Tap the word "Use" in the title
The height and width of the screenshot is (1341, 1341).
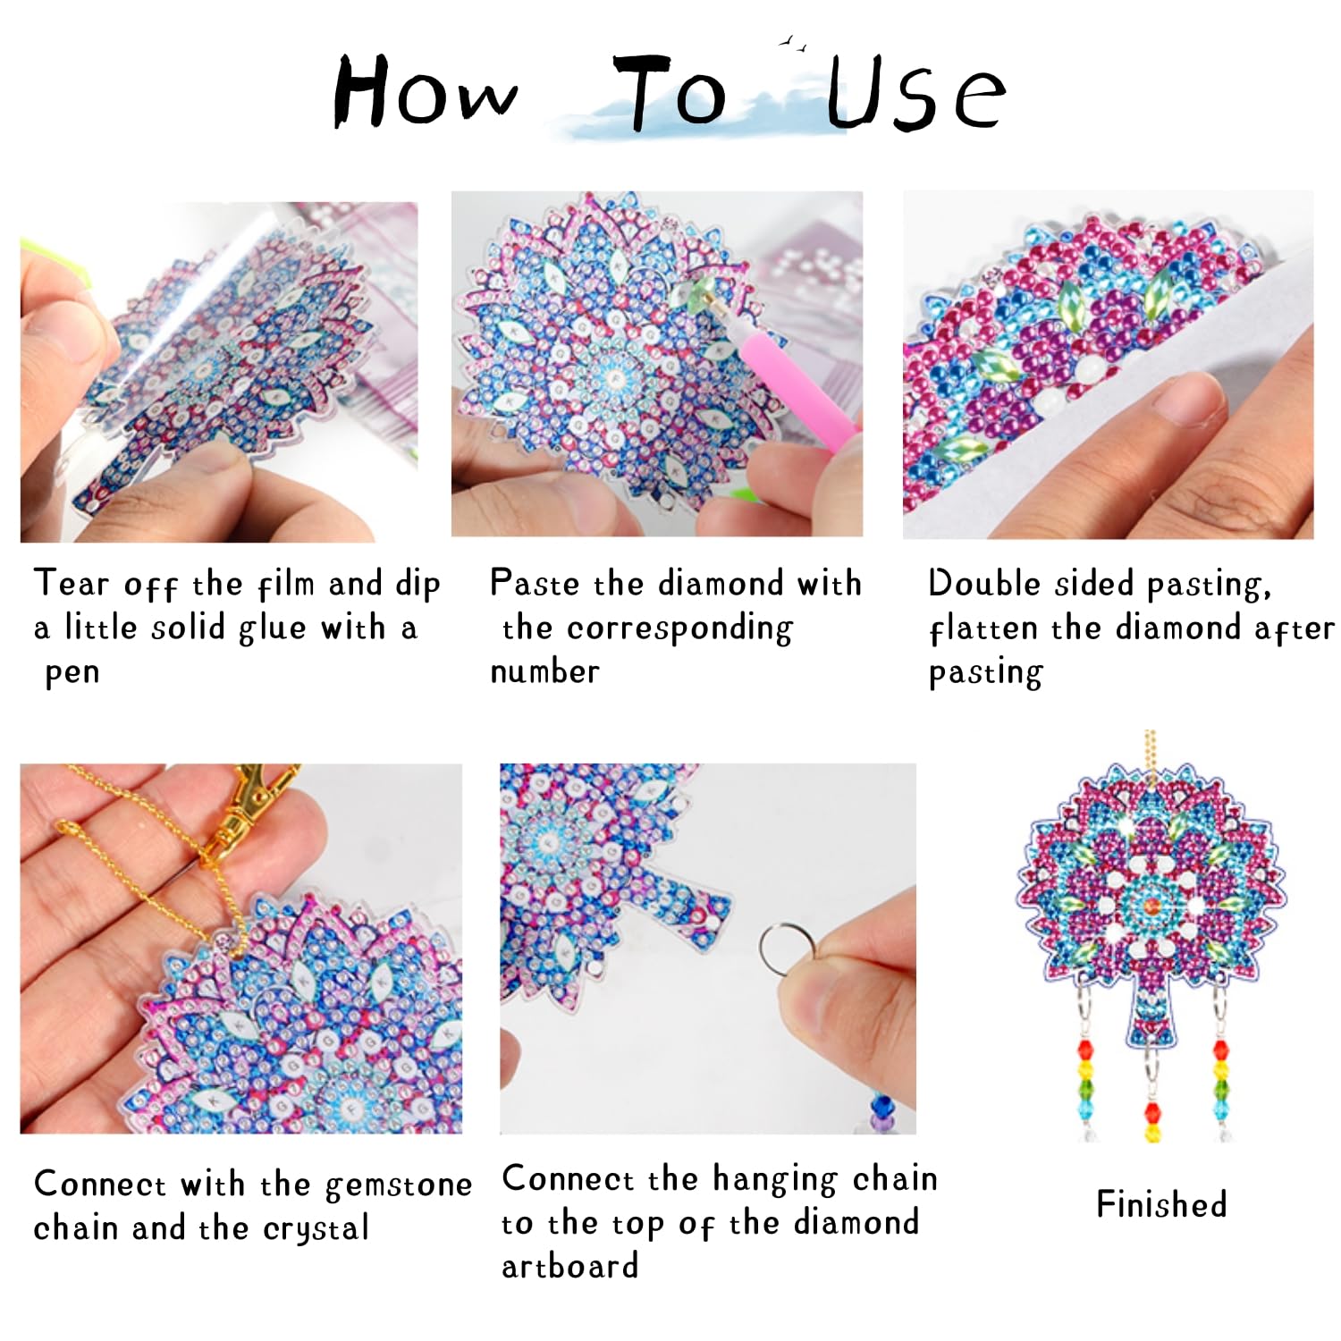916,93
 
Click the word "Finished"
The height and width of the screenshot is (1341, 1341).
1161,1204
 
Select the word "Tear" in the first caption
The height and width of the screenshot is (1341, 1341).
72,583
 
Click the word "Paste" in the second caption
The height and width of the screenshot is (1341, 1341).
535,583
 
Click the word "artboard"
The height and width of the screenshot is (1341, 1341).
570,1266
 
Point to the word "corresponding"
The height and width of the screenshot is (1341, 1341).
679,629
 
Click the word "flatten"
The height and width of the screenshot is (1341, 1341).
985,628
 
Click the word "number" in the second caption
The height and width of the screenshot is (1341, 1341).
544,671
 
